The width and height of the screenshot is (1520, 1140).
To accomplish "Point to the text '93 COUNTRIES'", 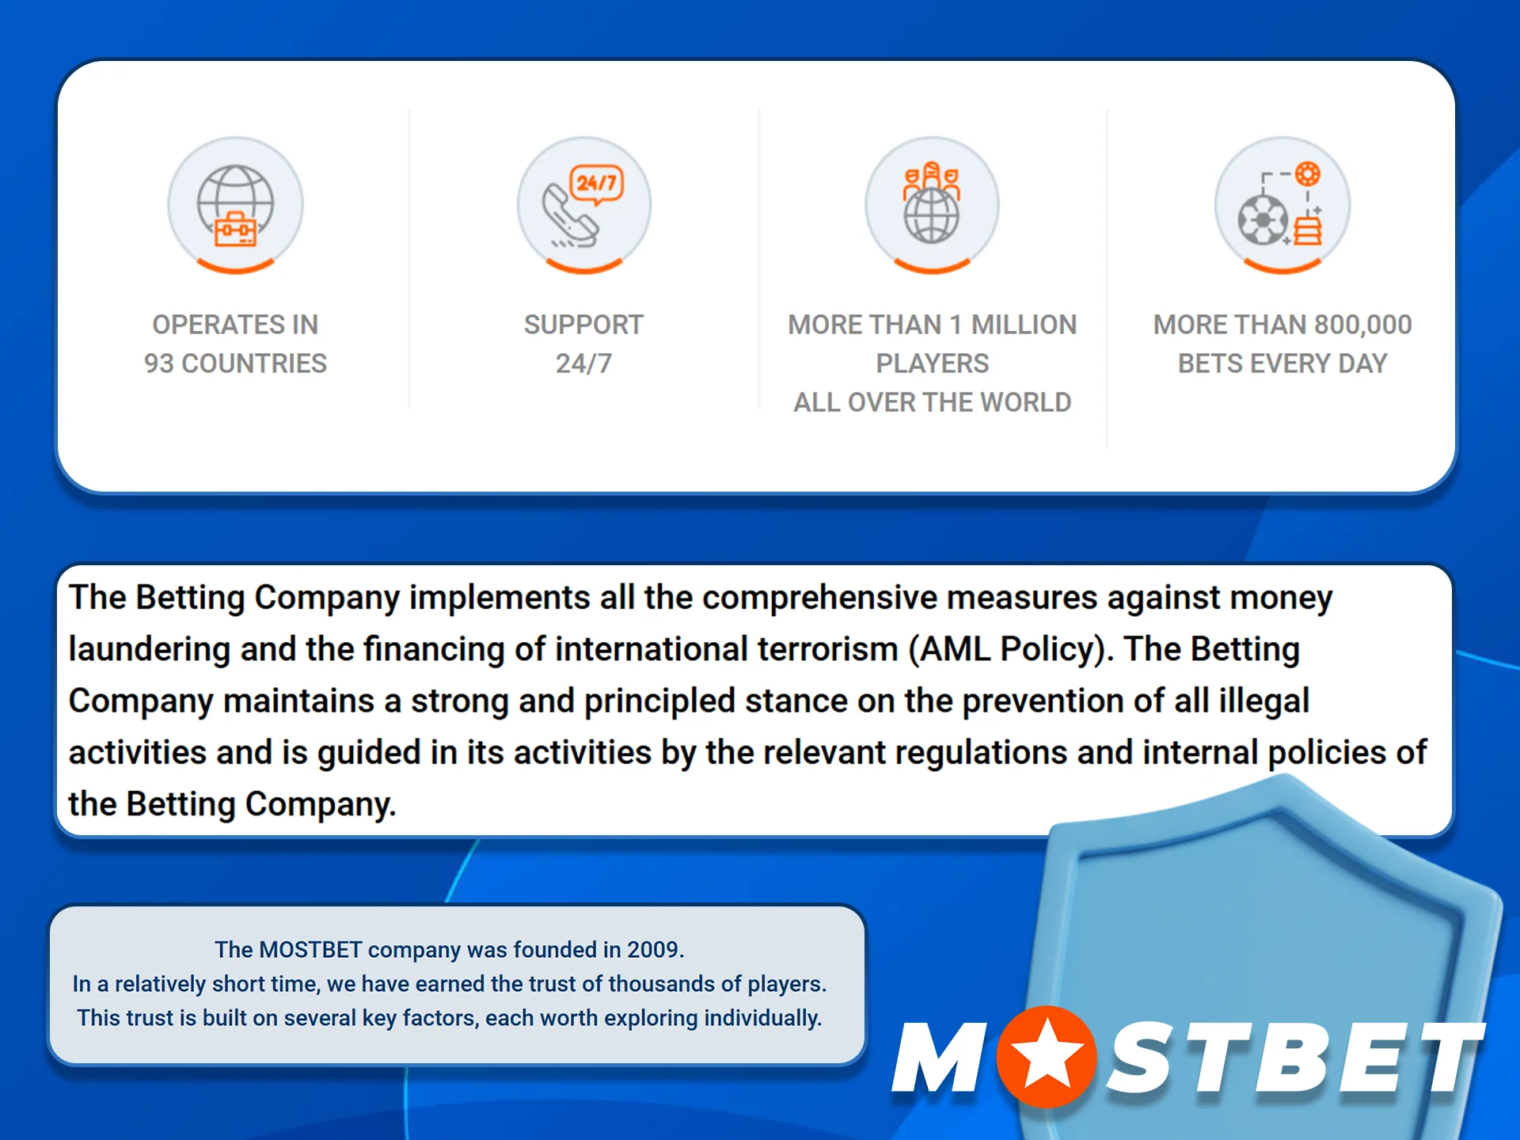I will point(235,363).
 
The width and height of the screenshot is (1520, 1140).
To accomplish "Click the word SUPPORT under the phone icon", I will point(583,325).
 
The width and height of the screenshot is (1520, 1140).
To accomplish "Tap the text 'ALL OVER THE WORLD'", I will point(932,402).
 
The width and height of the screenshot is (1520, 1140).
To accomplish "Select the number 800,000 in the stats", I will point(1363,325).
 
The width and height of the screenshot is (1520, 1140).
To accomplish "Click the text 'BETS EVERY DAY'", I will point(1282,363).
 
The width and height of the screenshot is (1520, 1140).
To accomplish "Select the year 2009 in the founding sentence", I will point(653,949).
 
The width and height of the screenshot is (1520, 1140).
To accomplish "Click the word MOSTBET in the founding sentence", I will point(310,949).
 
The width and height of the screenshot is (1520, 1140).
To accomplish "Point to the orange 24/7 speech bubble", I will point(597,184).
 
